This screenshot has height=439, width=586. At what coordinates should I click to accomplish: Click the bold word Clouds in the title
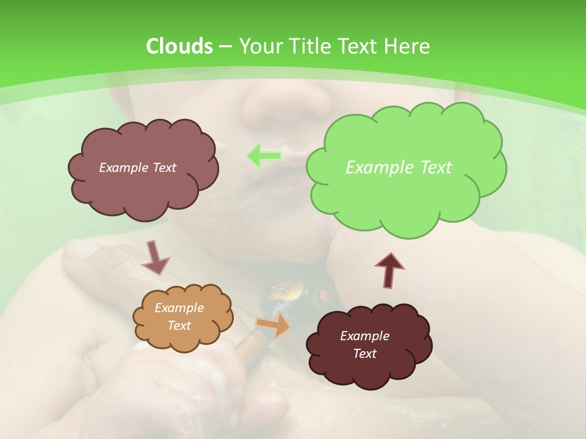click(179, 46)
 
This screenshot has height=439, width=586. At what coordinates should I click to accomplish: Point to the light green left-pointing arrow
click(264, 156)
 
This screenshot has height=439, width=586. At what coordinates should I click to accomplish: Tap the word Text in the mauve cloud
click(164, 168)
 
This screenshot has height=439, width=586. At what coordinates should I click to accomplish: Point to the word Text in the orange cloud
click(179, 326)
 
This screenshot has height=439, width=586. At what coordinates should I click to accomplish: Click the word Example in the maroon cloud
click(364, 336)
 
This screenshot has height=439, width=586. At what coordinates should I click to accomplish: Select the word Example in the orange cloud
click(179, 308)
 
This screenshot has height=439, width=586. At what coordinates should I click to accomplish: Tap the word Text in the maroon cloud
click(364, 354)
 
